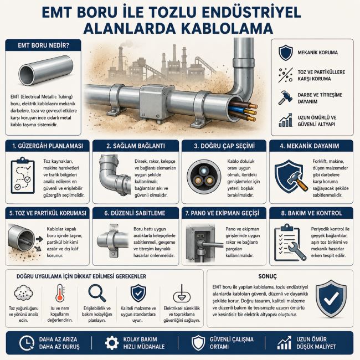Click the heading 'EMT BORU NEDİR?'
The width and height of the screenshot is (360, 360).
point(43,45)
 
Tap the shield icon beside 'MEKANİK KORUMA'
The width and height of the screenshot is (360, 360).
point(286,53)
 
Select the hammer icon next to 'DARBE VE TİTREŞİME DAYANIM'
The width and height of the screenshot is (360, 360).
point(285,97)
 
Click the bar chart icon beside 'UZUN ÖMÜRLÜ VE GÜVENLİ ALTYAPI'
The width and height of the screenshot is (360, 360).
point(286,120)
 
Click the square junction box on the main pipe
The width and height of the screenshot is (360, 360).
point(156,99)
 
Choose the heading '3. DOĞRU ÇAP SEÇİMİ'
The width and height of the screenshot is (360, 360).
point(224,146)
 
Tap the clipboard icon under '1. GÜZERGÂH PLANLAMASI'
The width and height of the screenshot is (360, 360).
point(23,176)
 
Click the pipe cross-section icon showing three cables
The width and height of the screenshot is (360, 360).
point(203,176)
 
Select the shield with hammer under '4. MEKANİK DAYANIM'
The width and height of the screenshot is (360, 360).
point(290,176)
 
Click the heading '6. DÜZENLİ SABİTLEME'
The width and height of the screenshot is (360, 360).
point(135,213)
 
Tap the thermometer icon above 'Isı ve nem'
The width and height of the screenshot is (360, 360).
point(60,293)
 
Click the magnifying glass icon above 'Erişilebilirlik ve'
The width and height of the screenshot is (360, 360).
point(97,293)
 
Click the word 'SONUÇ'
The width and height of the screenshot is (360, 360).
point(268,276)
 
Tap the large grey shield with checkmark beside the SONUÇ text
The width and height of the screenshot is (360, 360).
point(331,299)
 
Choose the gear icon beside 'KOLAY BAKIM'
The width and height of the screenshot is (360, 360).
point(112,343)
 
